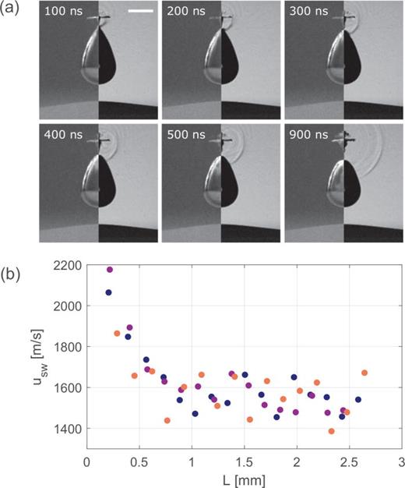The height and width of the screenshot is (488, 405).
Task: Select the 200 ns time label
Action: [185, 16]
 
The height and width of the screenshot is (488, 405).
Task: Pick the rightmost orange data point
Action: [364, 373]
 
